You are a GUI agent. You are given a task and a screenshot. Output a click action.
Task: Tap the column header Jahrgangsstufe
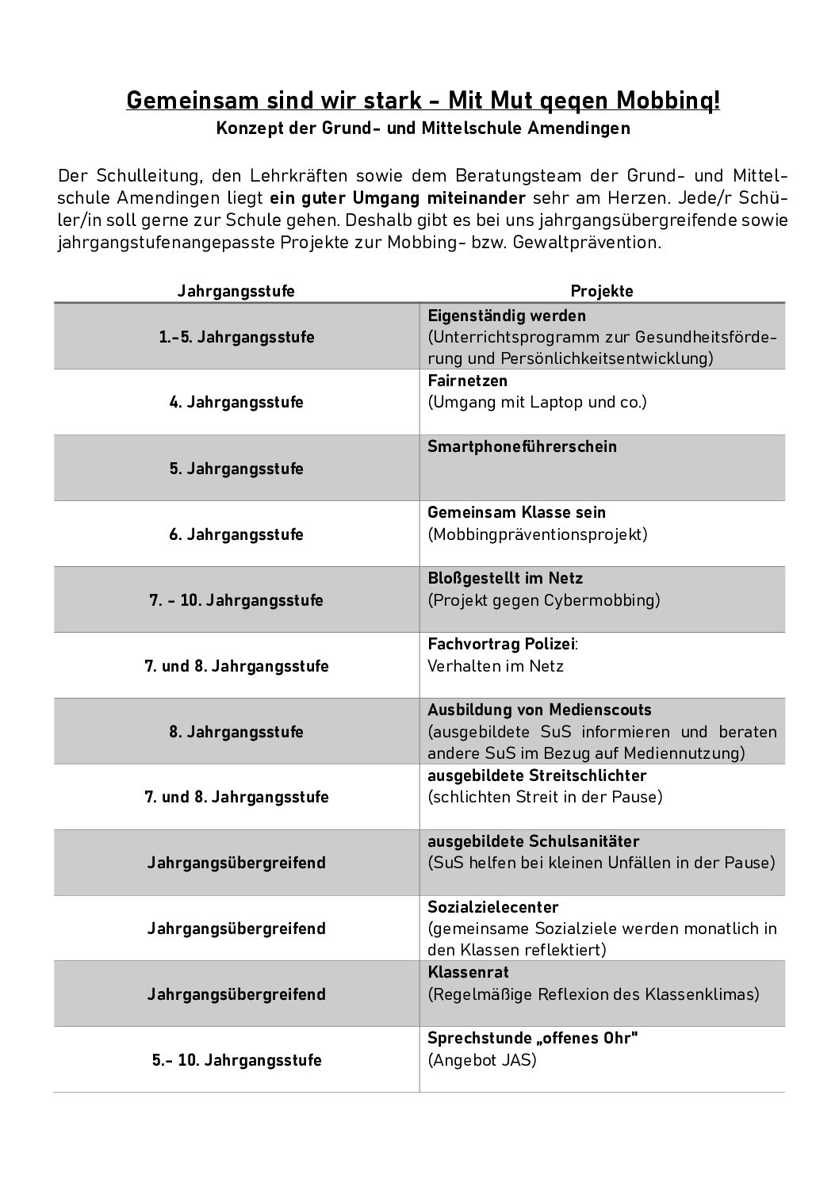pos(236,291)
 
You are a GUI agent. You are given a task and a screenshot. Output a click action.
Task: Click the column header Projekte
pos(602,291)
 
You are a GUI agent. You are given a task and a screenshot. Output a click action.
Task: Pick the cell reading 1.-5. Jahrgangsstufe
pos(236,337)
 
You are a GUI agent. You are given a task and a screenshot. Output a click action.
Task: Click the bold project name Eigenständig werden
pos(507,316)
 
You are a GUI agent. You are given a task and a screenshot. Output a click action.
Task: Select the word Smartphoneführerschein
pos(522,446)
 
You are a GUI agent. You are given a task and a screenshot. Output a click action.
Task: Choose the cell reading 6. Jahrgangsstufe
pos(236,534)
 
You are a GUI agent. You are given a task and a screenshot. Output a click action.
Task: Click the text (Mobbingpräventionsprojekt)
pos(538,534)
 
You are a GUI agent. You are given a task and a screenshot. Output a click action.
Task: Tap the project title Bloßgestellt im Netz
pos(505,578)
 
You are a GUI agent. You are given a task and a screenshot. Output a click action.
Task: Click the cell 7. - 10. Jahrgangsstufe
pos(236,600)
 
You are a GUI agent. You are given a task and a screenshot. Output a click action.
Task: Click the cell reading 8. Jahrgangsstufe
pos(236,732)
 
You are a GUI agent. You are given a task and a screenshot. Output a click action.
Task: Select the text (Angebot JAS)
pos(482,1059)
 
